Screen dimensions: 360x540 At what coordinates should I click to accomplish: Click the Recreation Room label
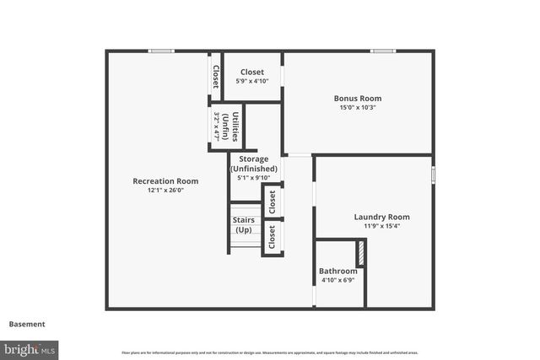165,180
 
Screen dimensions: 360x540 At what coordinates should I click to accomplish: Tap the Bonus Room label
359,98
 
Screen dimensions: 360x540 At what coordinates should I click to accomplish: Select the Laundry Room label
381,217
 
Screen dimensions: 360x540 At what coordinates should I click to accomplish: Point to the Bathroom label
337,271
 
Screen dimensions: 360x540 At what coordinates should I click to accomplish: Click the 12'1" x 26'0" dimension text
165,191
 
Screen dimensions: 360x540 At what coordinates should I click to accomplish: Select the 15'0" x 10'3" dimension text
359,108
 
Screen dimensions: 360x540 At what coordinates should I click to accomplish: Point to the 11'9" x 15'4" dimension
381,226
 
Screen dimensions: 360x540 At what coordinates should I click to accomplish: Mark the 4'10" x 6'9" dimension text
337,280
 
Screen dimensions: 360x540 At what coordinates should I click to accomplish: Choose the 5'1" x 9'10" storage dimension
254,178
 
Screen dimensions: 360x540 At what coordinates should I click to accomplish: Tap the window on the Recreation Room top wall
161,51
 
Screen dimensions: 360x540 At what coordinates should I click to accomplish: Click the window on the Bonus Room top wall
384,51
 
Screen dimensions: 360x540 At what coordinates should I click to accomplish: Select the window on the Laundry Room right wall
434,175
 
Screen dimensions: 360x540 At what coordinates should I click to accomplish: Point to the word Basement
27,324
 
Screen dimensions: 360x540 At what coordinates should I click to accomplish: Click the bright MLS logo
30,348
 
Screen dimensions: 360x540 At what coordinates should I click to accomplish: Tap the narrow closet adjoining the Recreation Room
215,77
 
